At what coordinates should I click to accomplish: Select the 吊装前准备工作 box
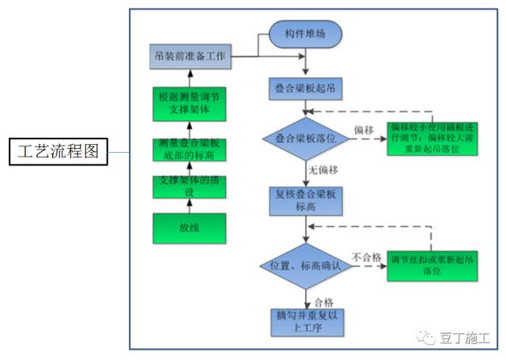189,57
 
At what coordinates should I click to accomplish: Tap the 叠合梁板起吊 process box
304,88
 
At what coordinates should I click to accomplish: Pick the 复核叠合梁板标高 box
304,200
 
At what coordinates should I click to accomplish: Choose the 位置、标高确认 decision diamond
305,264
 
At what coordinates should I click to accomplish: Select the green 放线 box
189,229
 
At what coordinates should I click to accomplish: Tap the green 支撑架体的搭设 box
189,187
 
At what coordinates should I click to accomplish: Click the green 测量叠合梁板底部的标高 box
189,148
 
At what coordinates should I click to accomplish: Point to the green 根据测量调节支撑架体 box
189,104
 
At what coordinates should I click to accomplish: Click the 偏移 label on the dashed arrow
364,128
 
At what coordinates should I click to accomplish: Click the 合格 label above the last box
323,301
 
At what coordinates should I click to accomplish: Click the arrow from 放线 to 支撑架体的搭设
189,206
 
